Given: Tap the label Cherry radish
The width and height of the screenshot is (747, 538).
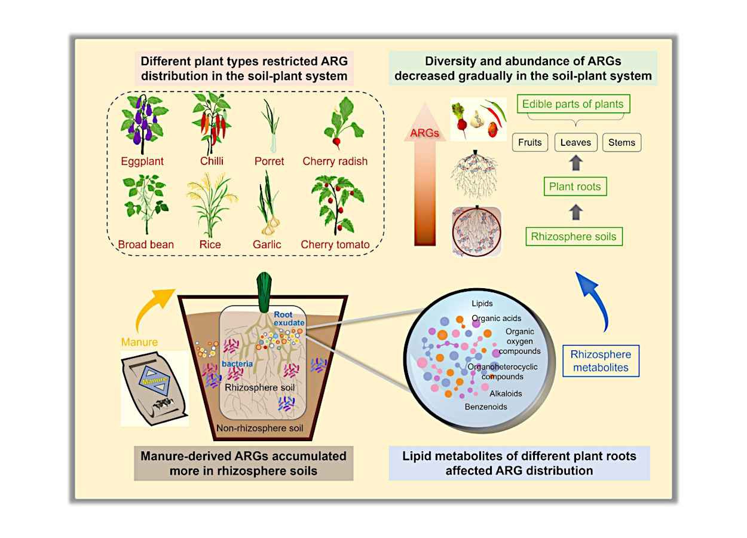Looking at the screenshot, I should coord(335,161).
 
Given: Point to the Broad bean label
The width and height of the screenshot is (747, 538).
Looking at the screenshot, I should coord(146,244).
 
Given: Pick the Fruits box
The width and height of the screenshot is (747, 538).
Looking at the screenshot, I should coord(530,142).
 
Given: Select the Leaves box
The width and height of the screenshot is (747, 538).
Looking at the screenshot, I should coord(575,142).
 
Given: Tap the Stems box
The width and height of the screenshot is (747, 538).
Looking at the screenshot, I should coord(622,142).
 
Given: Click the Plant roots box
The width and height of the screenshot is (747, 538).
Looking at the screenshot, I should coord(575,187).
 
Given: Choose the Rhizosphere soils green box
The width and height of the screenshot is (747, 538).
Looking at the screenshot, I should coord(574,236).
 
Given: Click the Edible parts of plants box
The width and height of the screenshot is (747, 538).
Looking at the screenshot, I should coord(573,104).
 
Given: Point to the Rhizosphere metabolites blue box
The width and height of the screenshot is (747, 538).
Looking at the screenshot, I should coord(601,361).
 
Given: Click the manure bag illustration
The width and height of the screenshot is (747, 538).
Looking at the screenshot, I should coord(154,388).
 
